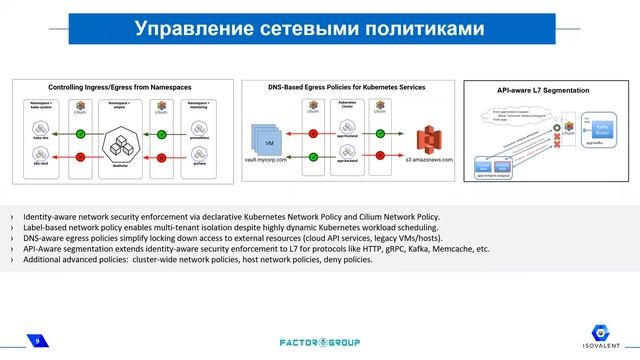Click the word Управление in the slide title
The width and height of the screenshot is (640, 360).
(191, 32)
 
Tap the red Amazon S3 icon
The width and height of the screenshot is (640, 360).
(429, 137)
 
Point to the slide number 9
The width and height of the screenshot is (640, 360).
(37, 342)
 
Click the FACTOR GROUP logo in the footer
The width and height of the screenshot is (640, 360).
(319, 342)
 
